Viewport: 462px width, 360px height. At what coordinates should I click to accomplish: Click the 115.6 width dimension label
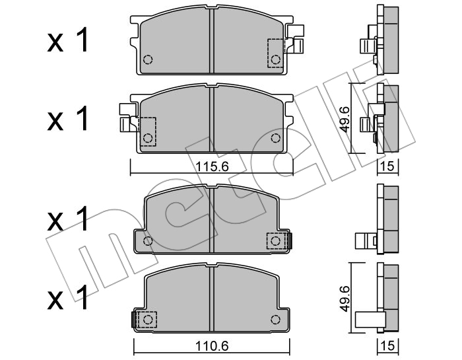point(212,167)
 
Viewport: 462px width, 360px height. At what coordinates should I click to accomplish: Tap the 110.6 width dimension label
point(212,346)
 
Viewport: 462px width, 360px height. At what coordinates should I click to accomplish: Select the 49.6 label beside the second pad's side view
point(345,119)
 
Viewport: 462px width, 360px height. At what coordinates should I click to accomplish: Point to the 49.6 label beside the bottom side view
point(345,298)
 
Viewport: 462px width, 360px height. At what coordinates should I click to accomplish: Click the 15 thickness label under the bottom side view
point(388,346)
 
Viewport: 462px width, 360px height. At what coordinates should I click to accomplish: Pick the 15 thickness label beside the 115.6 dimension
point(388,166)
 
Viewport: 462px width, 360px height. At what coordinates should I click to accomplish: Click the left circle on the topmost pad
point(148,59)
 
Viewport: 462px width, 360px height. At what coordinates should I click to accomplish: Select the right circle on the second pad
point(275,137)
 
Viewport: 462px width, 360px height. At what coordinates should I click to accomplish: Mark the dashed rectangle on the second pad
point(148,131)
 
